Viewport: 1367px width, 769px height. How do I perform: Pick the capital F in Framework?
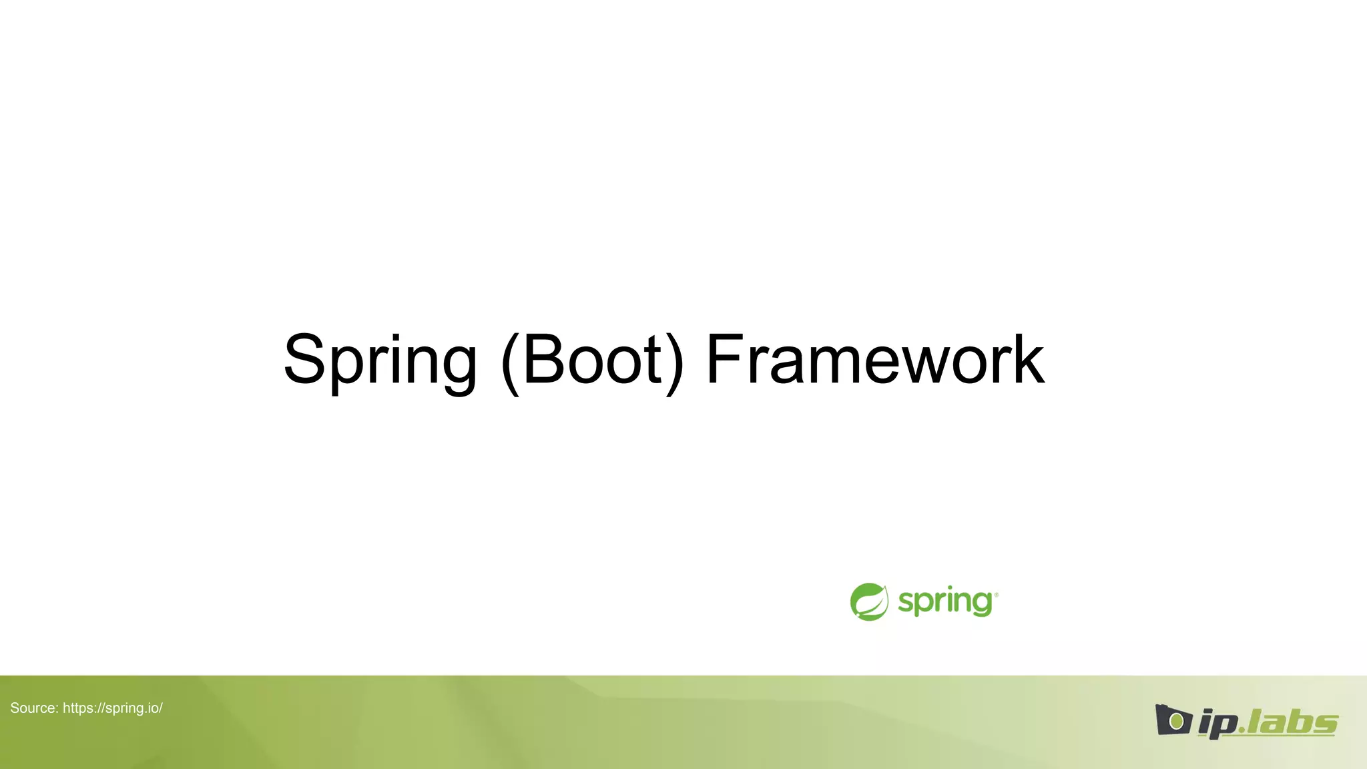(725, 360)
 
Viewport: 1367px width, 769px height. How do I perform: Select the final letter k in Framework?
(1028, 360)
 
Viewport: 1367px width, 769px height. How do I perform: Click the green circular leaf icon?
(869, 601)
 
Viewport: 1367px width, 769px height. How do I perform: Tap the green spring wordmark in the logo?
(944, 602)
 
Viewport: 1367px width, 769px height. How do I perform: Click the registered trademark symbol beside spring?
(996, 593)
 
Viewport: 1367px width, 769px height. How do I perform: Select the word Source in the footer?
(34, 708)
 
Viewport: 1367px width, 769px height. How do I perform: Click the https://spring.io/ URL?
(113, 708)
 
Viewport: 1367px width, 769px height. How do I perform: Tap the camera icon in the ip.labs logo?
(1173, 720)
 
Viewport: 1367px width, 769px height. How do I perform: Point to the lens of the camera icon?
(1176, 722)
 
